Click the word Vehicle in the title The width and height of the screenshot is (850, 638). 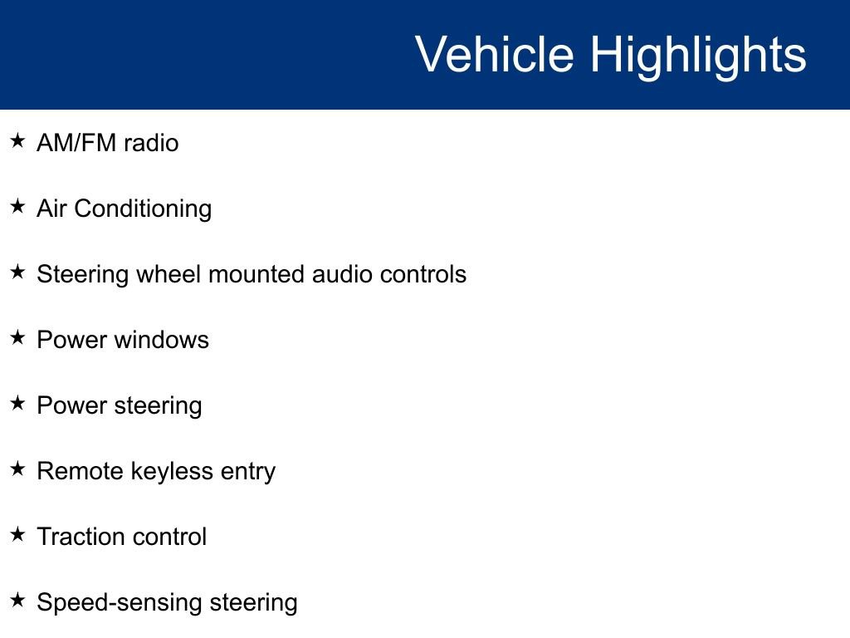coord(494,55)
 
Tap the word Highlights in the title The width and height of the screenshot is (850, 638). coord(698,55)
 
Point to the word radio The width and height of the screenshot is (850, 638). coord(151,143)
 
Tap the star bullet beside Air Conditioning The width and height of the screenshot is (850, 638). coord(18,207)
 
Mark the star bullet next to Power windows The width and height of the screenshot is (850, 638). coord(18,338)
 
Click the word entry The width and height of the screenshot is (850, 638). coord(247,471)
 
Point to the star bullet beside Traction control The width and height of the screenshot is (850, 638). coord(18,535)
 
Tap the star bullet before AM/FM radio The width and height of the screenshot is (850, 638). coord(18,141)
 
